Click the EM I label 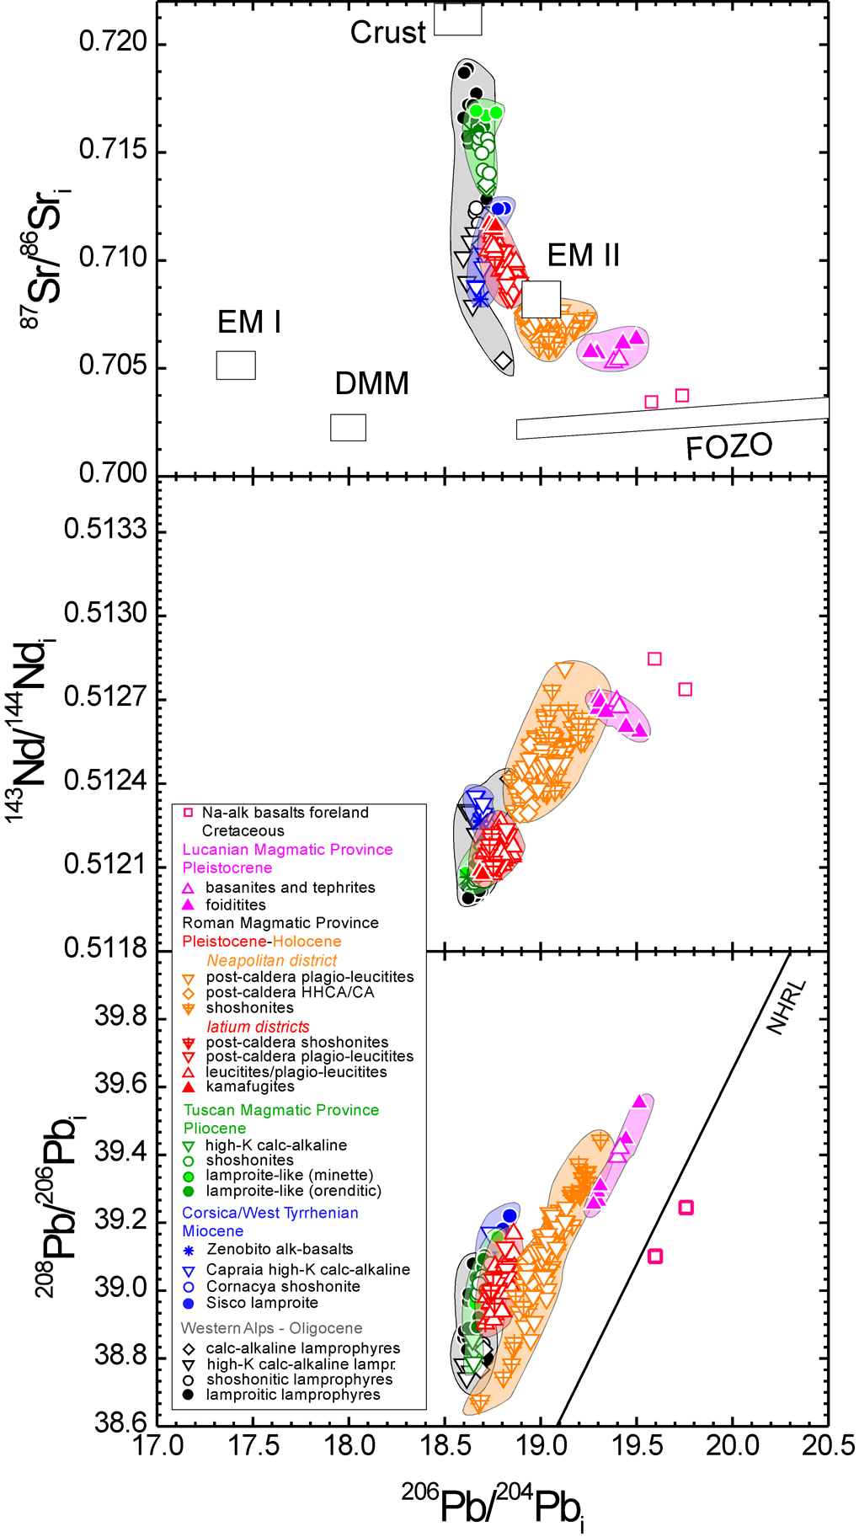[248, 323]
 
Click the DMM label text [371, 384]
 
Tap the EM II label [583, 255]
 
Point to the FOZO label [728, 446]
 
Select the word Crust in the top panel [387, 33]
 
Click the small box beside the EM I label [236, 365]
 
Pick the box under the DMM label [348, 427]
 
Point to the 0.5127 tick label [105, 697]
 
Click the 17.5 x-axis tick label [254, 1445]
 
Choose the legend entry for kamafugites [250, 1086]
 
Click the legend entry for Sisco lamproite [262, 1303]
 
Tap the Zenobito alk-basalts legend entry [279, 1249]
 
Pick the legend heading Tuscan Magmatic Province [281, 1110]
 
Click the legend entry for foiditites [235, 905]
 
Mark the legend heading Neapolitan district [271, 960]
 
